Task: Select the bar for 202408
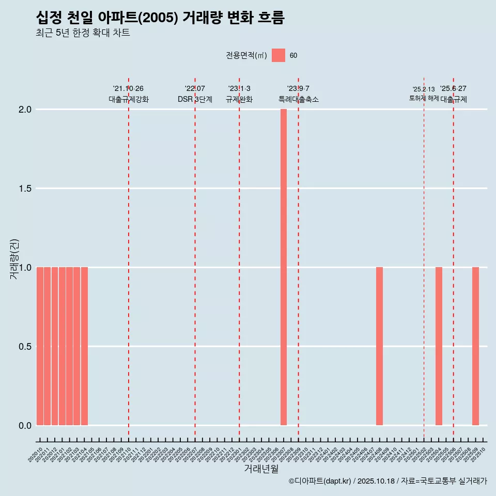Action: [379, 346]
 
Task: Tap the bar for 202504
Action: [439, 346]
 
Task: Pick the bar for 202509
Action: [475, 346]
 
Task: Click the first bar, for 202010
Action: [40, 346]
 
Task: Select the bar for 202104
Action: [84, 346]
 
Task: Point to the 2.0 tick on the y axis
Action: [25, 110]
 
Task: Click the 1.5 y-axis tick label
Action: [25, 189]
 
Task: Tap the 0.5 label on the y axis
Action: [25, 346]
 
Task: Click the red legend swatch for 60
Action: [278, 55]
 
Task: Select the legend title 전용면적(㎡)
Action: [246, 55]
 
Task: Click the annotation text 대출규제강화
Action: [129, 99]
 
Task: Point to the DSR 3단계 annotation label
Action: [195, 99]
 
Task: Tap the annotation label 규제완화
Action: [239, 99]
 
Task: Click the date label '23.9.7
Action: [298, 89]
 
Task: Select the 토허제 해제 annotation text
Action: [424, 98]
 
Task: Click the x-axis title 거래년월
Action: [261, 469]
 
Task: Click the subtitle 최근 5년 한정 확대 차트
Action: [83, 33]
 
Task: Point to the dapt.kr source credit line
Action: [388, 481]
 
